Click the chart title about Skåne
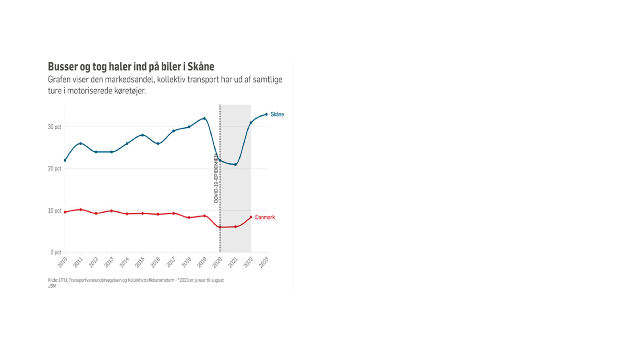[131, 67]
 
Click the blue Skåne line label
[277, 114]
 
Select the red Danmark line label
[265, 217]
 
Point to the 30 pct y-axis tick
[54, 127]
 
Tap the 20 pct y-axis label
[54, 169]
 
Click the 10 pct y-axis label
[54, 211]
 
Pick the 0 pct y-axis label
[56, 252]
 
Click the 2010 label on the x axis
[62, 263]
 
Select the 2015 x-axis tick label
[140, 263]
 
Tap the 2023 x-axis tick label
[264, 263]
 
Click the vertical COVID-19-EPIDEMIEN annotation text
[216, 178]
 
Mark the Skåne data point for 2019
[205, 119]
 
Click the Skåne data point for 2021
[235, 165]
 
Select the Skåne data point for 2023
[266, 114]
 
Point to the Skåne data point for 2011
[81, 144]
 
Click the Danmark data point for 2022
[251, 217]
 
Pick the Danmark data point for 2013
[112, 211]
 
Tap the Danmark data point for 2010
[65, 212]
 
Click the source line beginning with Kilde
[135, 280]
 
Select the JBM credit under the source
[52, 286]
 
